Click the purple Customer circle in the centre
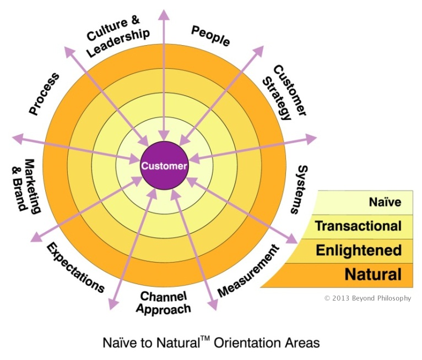(164, 165)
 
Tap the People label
(210, 36)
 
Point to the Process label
(44, 94)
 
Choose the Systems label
(299, 189)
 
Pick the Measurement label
(248, 271)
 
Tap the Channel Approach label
(164, 302)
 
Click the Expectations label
(75, 267)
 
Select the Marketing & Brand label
(26, 186)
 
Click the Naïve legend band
(363, 203)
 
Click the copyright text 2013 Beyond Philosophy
(367, 298)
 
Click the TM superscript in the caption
(205, 339)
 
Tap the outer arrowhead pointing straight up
(164, 14)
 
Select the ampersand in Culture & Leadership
(135, 20)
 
